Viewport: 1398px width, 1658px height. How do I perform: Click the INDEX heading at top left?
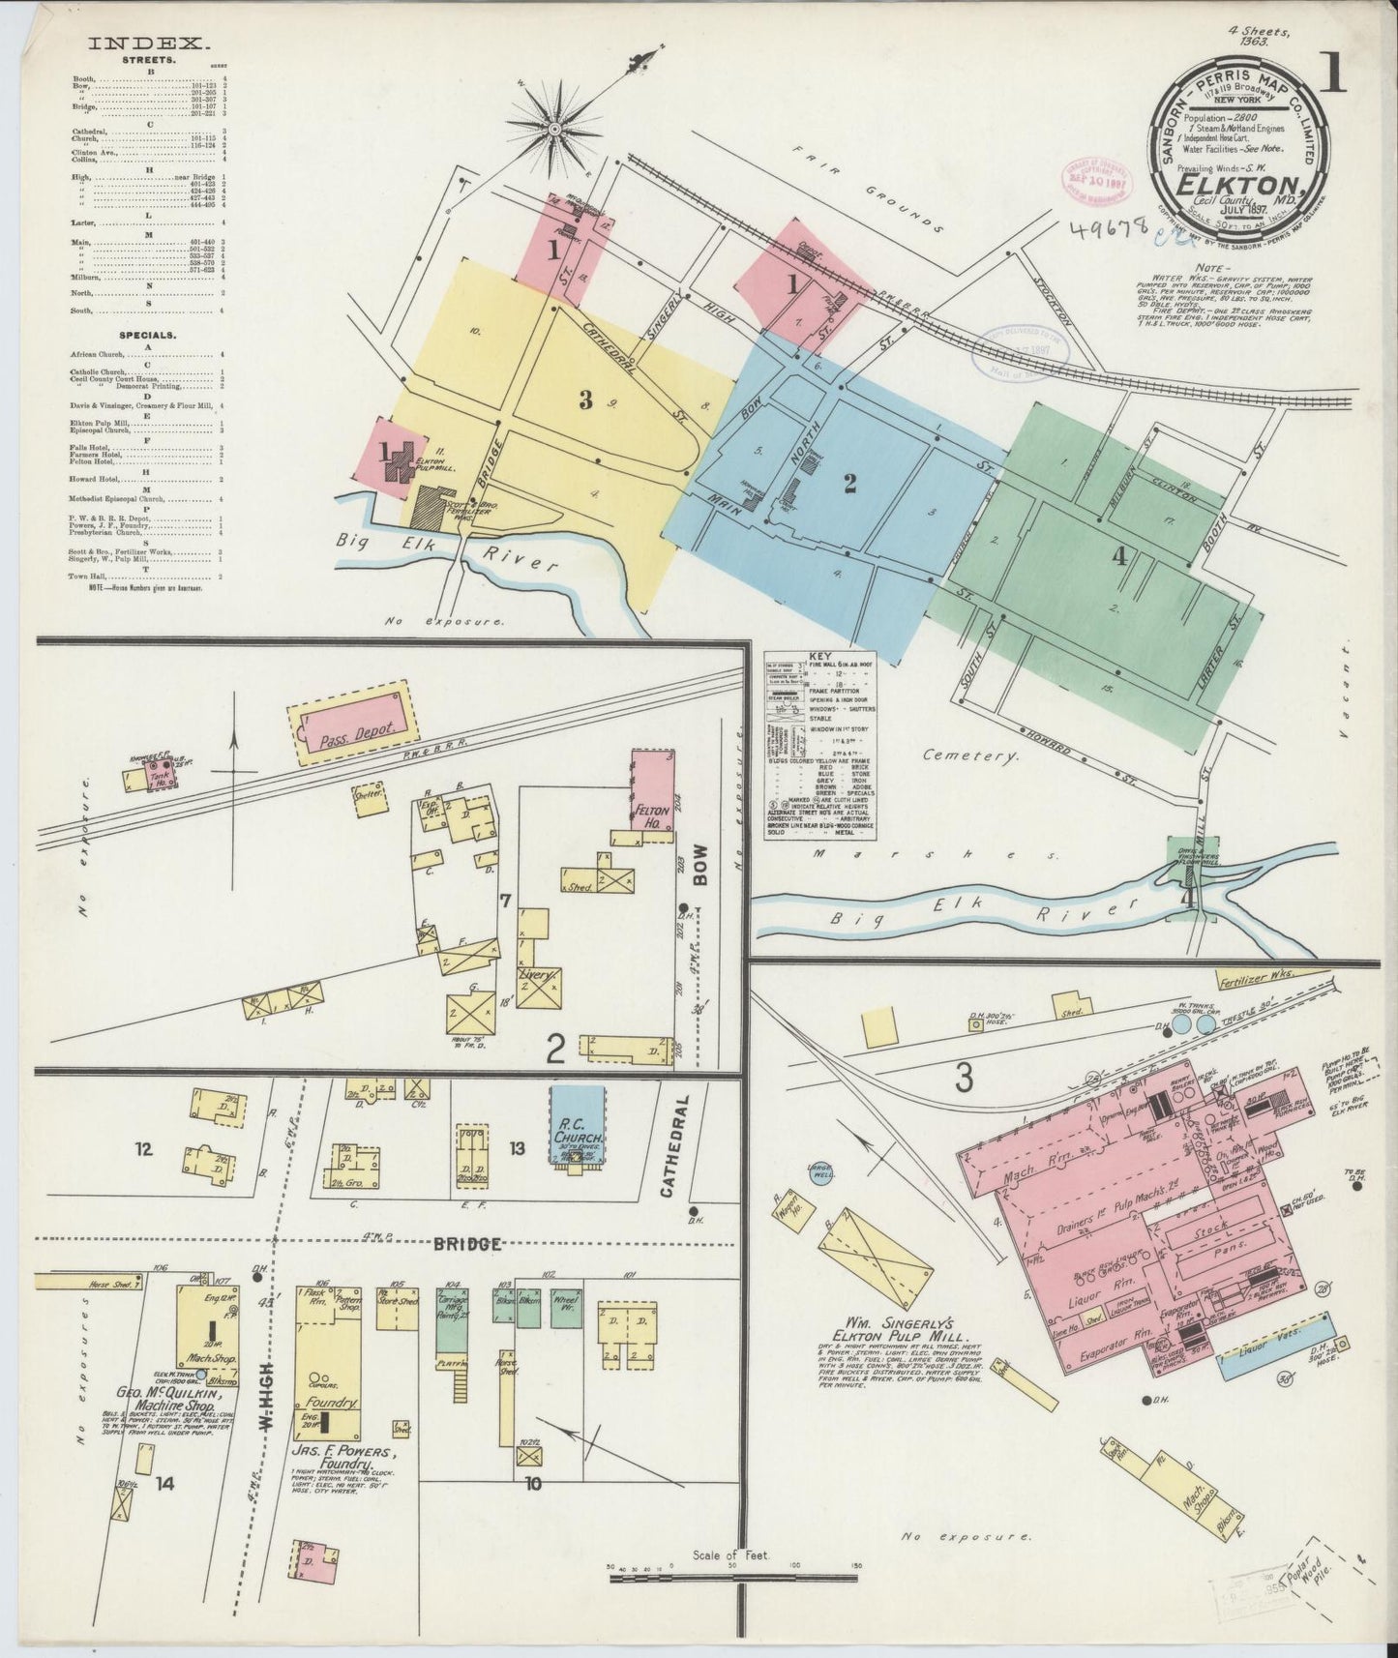[149, 43]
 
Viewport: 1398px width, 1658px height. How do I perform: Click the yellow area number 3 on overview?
[585, 401]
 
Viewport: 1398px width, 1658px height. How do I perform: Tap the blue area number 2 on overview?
[849, 485]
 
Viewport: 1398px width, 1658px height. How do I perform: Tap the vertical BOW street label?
[700, 867]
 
